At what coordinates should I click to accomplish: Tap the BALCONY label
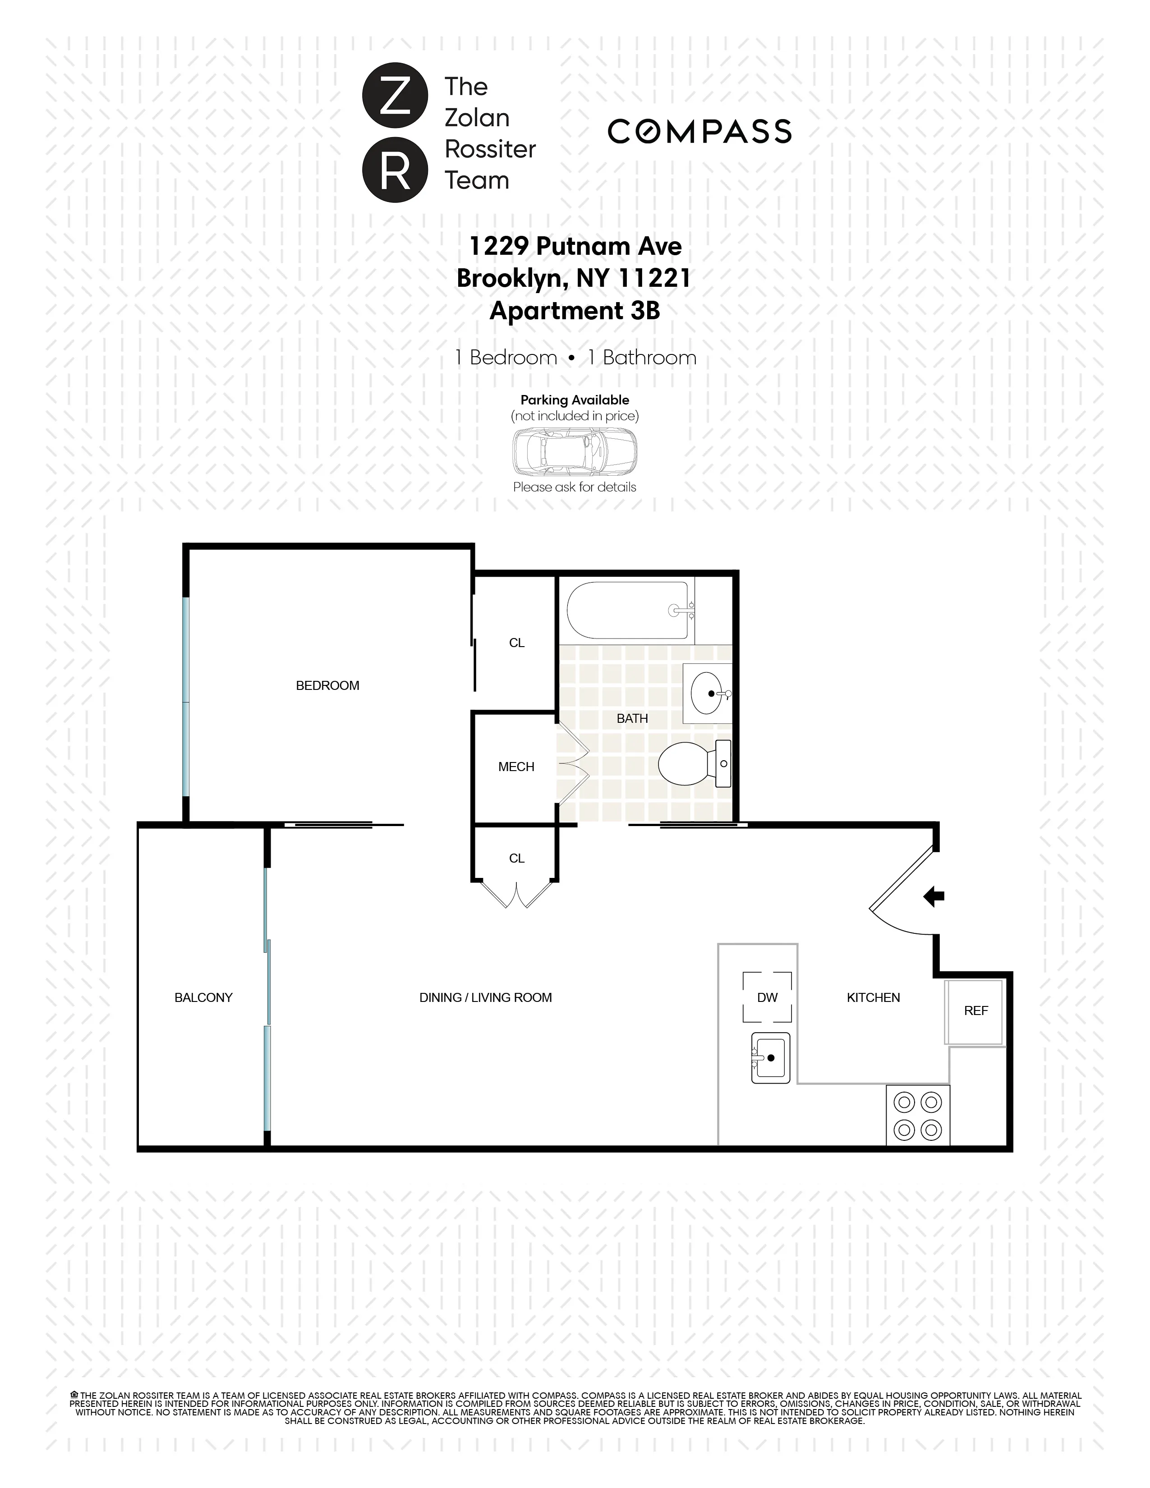pos(203,997)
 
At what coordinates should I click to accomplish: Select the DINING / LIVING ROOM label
pos(485,997)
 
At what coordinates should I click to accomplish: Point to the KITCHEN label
pos(873,997)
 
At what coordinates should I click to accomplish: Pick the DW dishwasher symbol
pos(767,997)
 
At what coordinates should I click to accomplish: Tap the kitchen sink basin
pos(771,1057)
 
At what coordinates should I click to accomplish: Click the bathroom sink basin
pos(707,693)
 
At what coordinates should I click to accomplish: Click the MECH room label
pos(516,767)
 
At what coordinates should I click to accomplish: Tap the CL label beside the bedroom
pos(516,643)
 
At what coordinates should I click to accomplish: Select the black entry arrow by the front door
pos(934,896)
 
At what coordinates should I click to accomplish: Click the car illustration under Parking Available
pos(574,451)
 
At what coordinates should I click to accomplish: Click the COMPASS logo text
pos(699,132)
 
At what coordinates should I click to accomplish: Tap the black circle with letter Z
pos(395,96)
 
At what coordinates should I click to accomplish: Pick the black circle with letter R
pos(395,170)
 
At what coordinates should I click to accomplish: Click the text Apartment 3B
pos(574,311)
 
